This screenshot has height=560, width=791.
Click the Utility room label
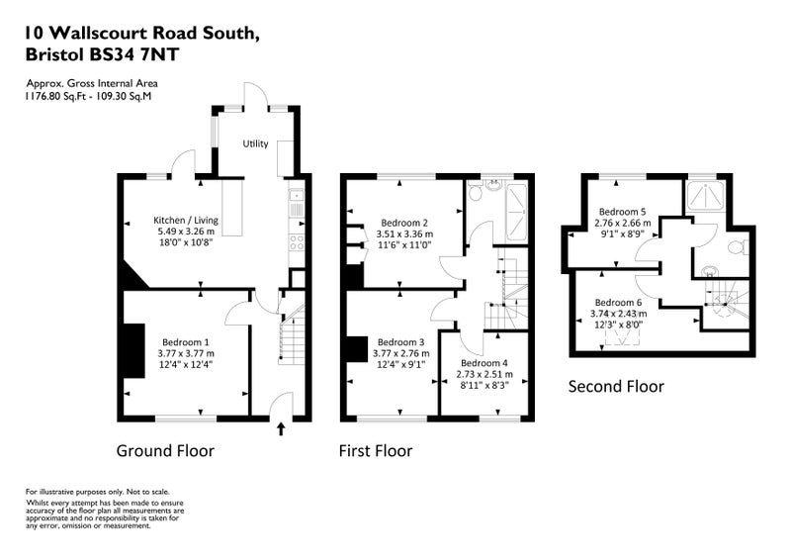[x=255, y=143]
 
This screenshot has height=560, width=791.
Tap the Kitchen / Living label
[x=186, y=221]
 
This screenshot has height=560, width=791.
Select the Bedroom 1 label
[x=186, y=342]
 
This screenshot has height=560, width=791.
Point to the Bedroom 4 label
[x=484, y=363]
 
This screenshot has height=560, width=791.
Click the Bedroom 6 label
[x=619, y=303]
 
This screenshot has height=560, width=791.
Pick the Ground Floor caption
[x=165, y=450]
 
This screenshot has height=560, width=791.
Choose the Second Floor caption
[x=616, y=386]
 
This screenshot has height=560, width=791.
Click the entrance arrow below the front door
[x=281, y=428]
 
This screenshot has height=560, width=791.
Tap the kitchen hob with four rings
[x=296, y=242]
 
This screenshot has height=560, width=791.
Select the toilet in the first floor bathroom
[x=476, y=191]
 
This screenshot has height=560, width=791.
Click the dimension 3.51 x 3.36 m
[x=404, y=233]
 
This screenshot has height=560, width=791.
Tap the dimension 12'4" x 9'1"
[x=401, y=364]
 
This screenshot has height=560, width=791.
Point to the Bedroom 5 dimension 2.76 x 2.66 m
[x=623, y=223]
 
